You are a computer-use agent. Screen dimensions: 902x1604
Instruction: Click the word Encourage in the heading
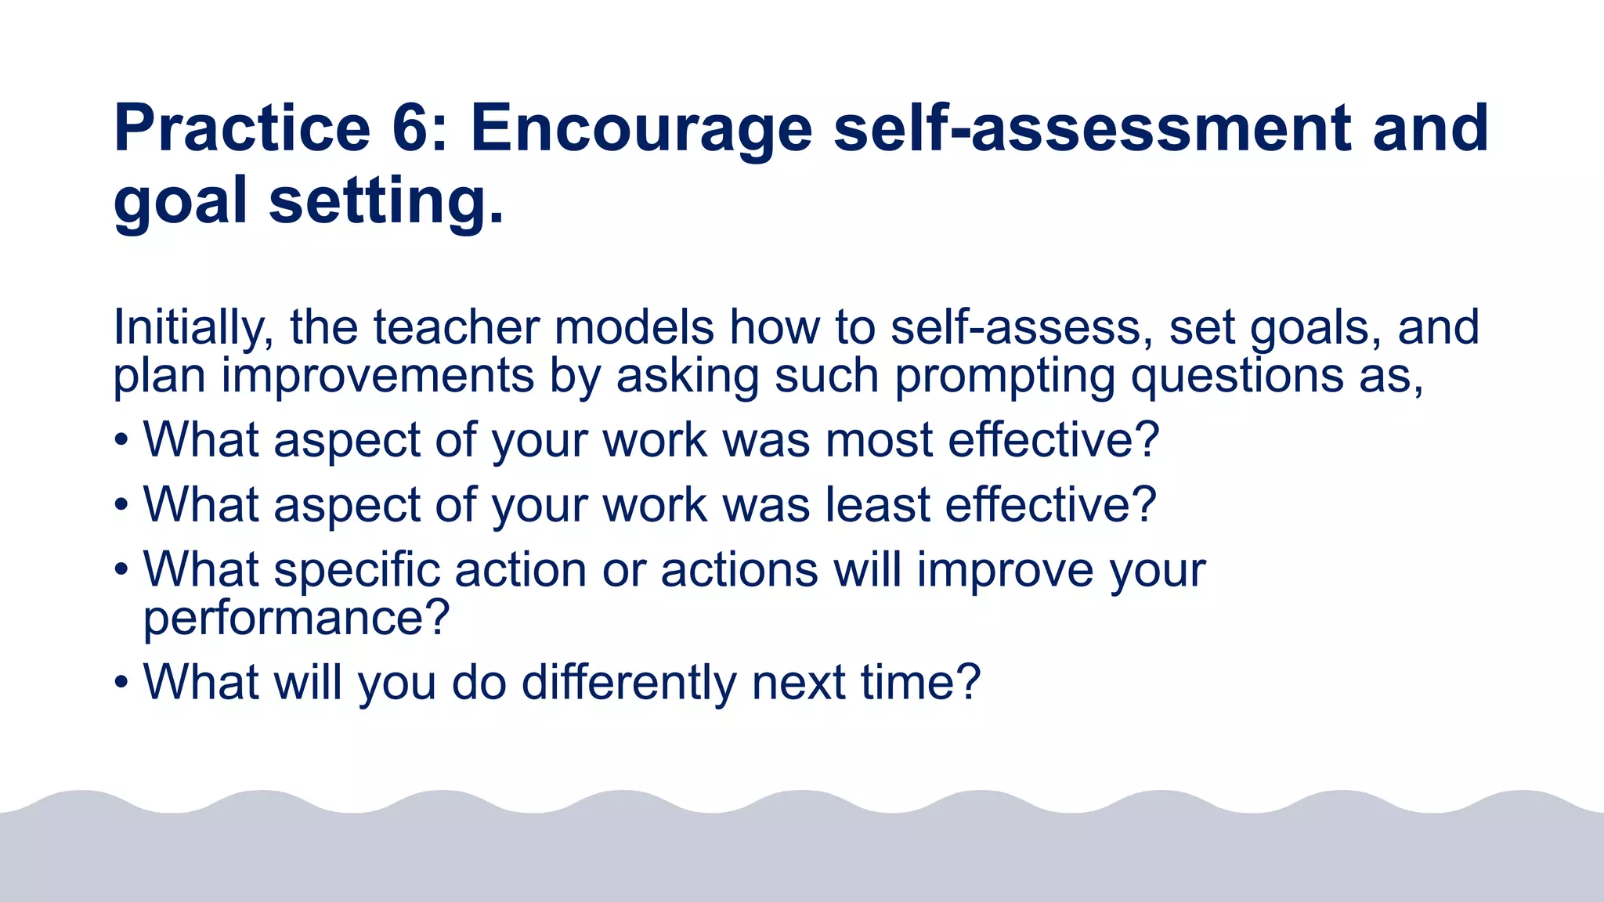tap(641, 129)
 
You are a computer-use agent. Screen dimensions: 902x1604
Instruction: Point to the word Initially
tap(193, 327)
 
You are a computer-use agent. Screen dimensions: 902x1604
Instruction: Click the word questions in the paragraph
tap(1237, 377)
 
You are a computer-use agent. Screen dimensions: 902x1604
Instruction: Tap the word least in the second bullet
tap(877, 504)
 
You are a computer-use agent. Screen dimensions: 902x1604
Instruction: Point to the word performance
tap(296, 619)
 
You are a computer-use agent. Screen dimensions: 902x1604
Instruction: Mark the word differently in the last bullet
tap(629, 683)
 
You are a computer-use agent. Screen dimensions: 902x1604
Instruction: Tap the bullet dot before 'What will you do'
tap(121, 683)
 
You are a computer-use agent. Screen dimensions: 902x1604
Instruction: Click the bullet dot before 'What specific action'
tap(121, 570)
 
